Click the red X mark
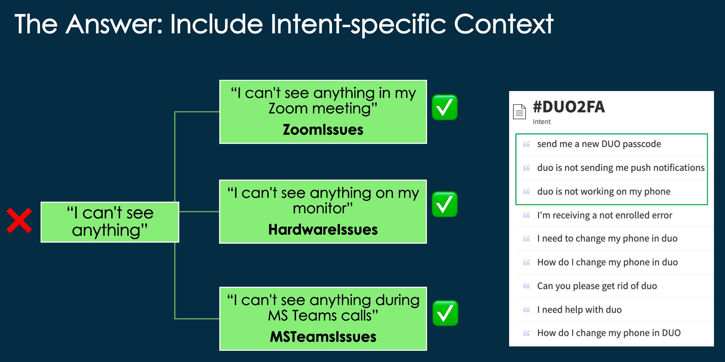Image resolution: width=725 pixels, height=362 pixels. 19,221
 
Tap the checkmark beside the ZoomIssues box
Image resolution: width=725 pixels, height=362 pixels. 445,107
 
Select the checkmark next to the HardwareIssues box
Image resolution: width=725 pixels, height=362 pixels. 445,204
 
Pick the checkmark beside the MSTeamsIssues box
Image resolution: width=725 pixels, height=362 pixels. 445,313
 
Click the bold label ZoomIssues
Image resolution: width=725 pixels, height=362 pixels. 323,130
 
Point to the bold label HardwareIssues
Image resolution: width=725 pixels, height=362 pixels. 323,230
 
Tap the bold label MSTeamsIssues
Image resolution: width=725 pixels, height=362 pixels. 323,337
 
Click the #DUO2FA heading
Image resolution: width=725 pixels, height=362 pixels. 569,107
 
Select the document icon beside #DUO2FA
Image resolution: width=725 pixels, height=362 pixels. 519,112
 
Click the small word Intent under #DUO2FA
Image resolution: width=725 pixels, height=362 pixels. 542,122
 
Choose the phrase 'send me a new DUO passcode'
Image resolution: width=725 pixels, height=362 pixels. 599,144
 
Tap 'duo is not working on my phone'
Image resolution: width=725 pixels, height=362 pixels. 604,192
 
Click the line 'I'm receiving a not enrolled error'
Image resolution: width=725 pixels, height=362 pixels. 605,215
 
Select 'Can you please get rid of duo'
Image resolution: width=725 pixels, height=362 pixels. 597,286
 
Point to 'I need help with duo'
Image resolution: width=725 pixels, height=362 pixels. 579,309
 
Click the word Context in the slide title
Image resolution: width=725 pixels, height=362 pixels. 504,24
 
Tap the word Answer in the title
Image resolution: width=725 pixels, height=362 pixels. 114,24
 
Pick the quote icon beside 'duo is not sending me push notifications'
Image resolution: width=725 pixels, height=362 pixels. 527,168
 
